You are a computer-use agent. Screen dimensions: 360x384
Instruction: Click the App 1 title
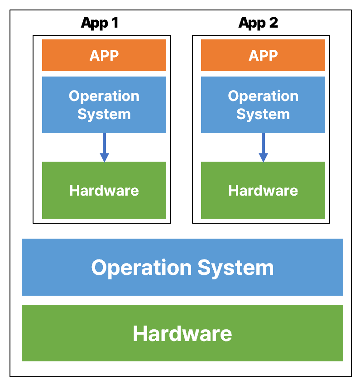(x=100, y=23)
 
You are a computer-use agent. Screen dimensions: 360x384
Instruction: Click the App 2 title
(x=258, y=23)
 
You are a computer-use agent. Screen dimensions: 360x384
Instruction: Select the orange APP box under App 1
(x=104, y=55)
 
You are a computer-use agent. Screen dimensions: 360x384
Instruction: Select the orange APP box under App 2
(x=263, y=55)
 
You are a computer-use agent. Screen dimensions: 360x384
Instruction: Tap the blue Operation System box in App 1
(x=104, y=105)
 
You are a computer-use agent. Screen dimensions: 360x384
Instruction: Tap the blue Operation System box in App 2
(x=263, y=105)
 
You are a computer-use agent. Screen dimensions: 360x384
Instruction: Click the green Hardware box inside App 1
(x=104, y=190)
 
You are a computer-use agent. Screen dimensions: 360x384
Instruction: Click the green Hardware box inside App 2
(x=263, y=190)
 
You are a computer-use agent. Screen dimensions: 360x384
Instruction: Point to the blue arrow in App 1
(x=104, y=148)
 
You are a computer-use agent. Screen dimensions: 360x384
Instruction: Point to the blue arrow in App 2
(x=263, y=148)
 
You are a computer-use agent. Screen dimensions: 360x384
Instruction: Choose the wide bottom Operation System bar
(x=182, y=267)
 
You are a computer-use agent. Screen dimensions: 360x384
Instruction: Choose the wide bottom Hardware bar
(x=182, y=333)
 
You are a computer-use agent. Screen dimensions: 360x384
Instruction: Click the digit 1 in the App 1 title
(x=115, y=23)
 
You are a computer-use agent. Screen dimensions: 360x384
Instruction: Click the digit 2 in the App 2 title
(x=274, y=23)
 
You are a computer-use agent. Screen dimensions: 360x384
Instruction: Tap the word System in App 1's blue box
(x=104, y=115)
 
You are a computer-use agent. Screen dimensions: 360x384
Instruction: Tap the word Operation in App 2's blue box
(x=263, y=96)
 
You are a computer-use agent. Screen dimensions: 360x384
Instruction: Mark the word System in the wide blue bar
(x=235, y=268)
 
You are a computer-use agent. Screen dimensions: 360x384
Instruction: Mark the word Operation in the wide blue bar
(x=141, y=268)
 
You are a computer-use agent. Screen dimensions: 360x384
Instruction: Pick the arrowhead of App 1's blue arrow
(x=104, y=158)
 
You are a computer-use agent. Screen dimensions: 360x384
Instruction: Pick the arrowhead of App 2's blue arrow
(x=263, y=158)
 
